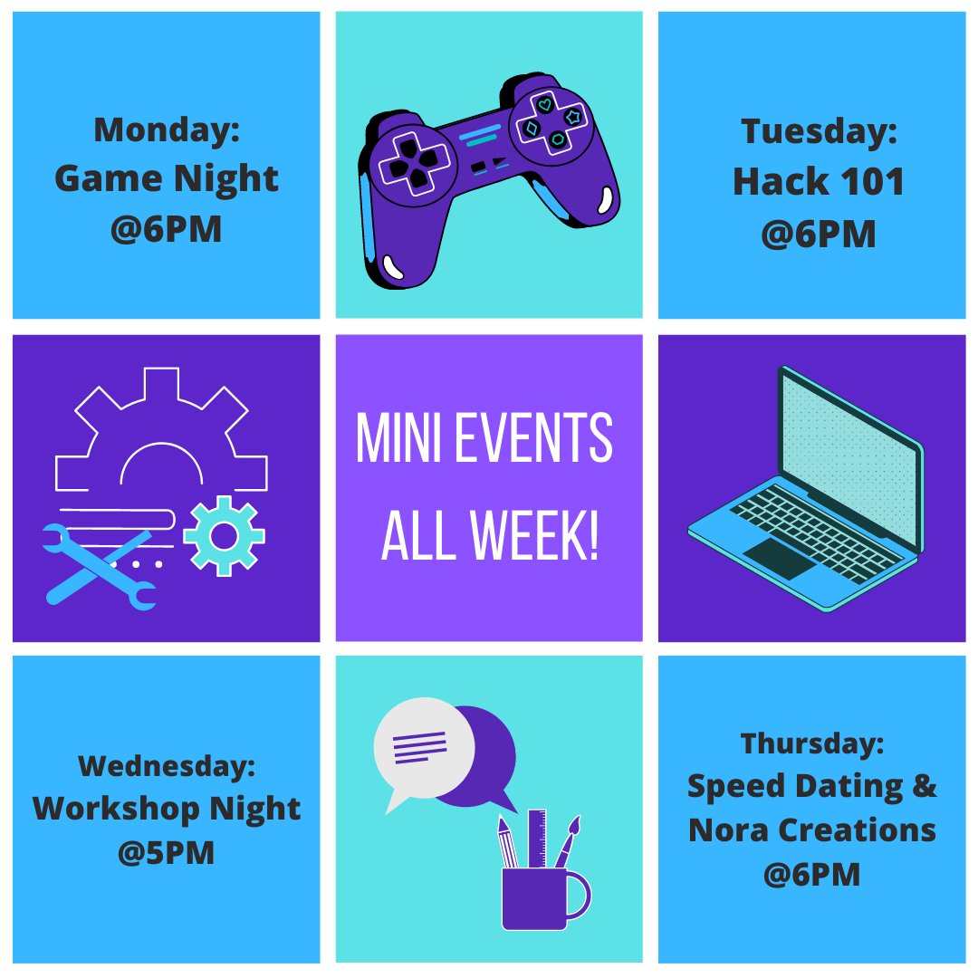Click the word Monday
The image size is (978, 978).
click(166, 129)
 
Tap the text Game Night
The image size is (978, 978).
click(166, 178)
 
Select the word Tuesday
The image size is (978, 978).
click(818, 132)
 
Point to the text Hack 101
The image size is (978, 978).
click(818, 182)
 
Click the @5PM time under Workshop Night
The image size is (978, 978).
click(166, 852)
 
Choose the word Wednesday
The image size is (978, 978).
click(166, 767)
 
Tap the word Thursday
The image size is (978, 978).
click(811, 743)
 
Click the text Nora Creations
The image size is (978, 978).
click(811, 829)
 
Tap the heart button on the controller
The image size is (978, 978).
click(544, 105)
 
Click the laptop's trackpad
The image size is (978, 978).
click(780, 559)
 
